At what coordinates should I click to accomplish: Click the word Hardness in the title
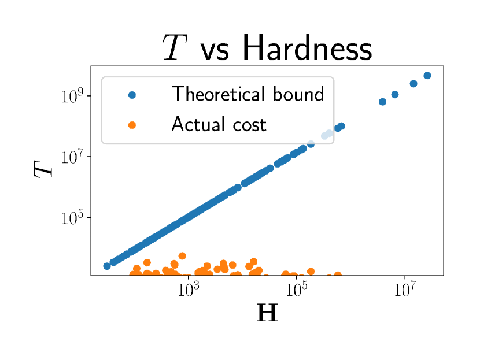[307, 47]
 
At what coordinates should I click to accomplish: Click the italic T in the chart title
[175, 47]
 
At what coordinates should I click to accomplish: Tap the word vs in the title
[215, 51]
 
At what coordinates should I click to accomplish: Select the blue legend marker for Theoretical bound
[132, 95]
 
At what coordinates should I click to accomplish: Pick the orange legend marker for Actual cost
[132, 125]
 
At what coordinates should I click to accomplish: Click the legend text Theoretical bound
[248, 94]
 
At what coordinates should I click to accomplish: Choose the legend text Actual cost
[219, 124]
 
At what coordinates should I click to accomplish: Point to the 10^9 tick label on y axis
[72, 96]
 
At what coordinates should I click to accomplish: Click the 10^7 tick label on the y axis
[72, 157]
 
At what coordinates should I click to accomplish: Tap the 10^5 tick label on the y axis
[72, 218]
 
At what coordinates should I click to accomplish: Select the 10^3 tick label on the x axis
[189, 290]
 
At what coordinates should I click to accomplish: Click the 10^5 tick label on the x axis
[296, 290]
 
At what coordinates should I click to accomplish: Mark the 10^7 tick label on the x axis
[405, 290]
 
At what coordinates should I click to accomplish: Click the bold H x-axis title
[267, 313]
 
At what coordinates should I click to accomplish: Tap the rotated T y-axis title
[43, 169]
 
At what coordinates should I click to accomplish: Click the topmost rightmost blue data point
[427, 76]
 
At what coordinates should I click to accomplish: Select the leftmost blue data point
[107, 266]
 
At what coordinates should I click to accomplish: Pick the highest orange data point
[182, 256]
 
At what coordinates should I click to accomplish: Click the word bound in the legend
[298, 94]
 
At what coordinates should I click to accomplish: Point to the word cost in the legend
[249, 125]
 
